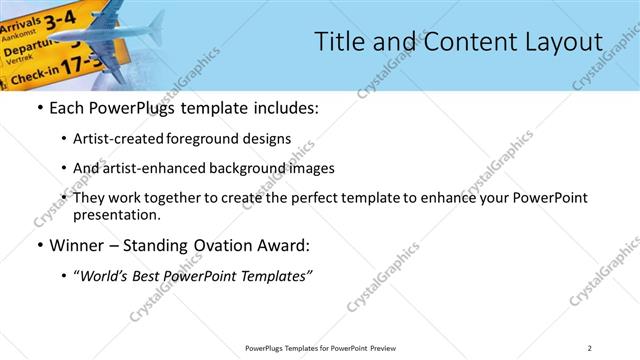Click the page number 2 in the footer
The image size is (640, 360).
(591, 348)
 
